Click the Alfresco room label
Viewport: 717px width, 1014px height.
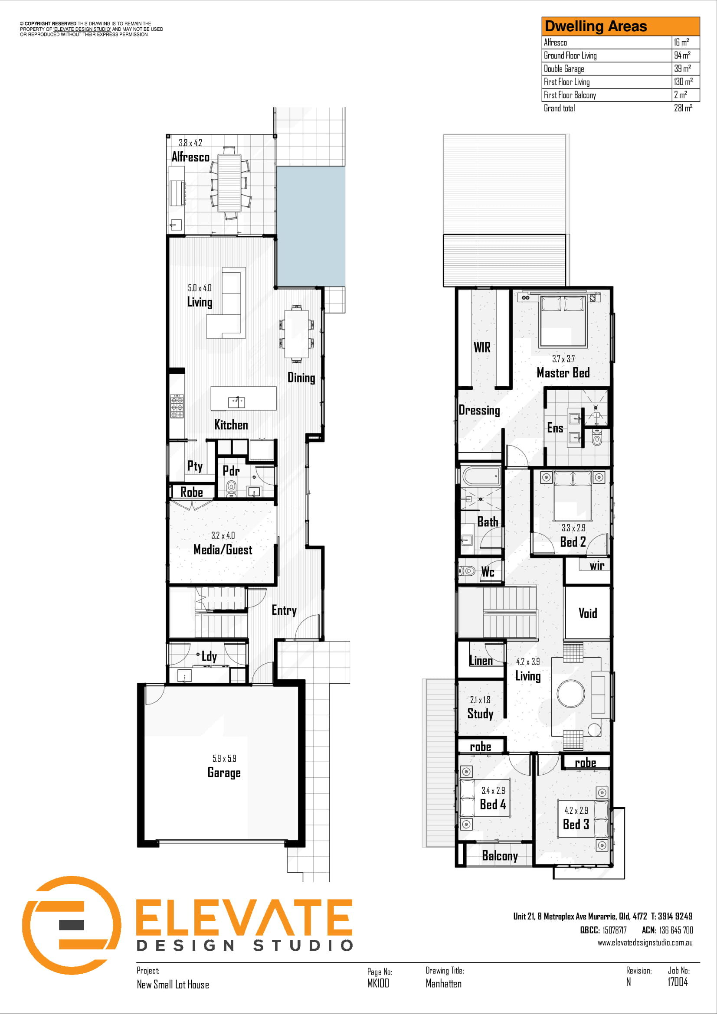(x=190, y=157)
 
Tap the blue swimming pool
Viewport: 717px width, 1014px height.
(x=311, y=226)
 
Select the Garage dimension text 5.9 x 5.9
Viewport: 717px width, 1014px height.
(x=224, y=758)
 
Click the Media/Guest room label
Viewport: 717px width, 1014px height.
(x=223, y=549)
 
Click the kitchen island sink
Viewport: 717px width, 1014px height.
(x=236, y=402)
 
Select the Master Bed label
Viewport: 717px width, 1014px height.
(x=563, y=373)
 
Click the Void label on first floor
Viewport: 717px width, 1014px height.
(x=588, y=613)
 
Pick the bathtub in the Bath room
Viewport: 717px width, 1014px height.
(x=481, y=476)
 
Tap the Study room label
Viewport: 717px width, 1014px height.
(x=480, y=714)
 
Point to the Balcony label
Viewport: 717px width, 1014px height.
(x=500, y=856)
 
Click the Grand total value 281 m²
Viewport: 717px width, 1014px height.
(x=683, y=108)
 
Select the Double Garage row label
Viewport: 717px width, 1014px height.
(x=564, y=68)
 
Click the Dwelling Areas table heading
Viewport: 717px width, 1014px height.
(x=596, y=26)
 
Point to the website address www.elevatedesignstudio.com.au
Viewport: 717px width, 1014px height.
(x=645, y=942)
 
